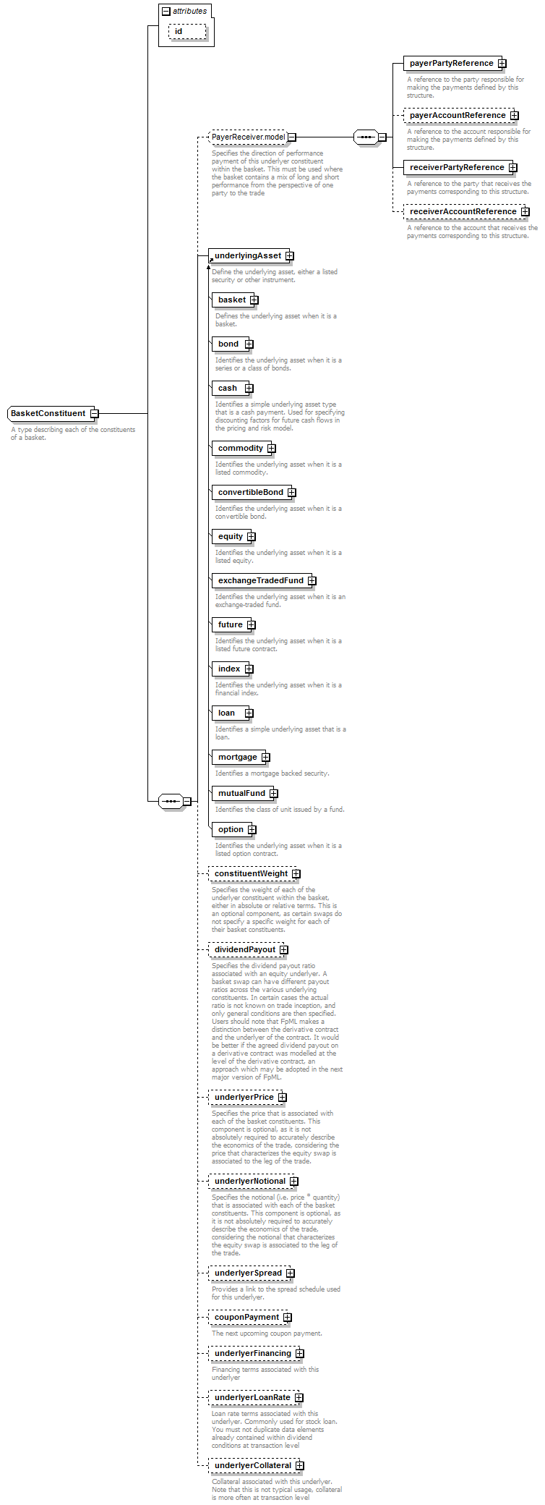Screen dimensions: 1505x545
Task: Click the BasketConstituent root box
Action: click(x=48, y=413)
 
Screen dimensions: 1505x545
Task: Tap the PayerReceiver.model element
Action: click(x=248, y=137)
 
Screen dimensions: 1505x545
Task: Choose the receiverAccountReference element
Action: click(x=463, y=211)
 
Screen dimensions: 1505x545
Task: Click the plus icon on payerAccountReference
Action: click(x=514, y=116)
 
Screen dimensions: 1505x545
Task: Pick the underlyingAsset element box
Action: click(x=247, y=255)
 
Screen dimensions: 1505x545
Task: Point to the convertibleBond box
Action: click(x=250, y=492)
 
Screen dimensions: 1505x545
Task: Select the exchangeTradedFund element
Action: click(x=260, y=580)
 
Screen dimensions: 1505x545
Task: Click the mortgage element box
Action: click(x=237, y=757)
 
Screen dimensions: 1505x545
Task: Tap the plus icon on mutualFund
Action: click(x=274, y=794)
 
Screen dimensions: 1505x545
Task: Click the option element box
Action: click(x=231, y=829)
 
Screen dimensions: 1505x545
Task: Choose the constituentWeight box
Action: click(x=251, y=873)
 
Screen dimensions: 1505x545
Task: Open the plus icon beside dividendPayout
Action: click(x=284, y=950)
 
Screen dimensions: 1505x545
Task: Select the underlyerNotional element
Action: click(x=249, y=1181)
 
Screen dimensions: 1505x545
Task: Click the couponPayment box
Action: click(x=246, y=1317)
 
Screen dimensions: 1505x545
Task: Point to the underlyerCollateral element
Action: click(x=252, y=1465)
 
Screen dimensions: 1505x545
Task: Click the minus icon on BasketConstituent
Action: click(x=94, y=414)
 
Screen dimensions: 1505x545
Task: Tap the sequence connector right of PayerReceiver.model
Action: click(x=366, y=137)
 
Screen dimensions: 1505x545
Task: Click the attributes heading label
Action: click(x=189, y=11)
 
